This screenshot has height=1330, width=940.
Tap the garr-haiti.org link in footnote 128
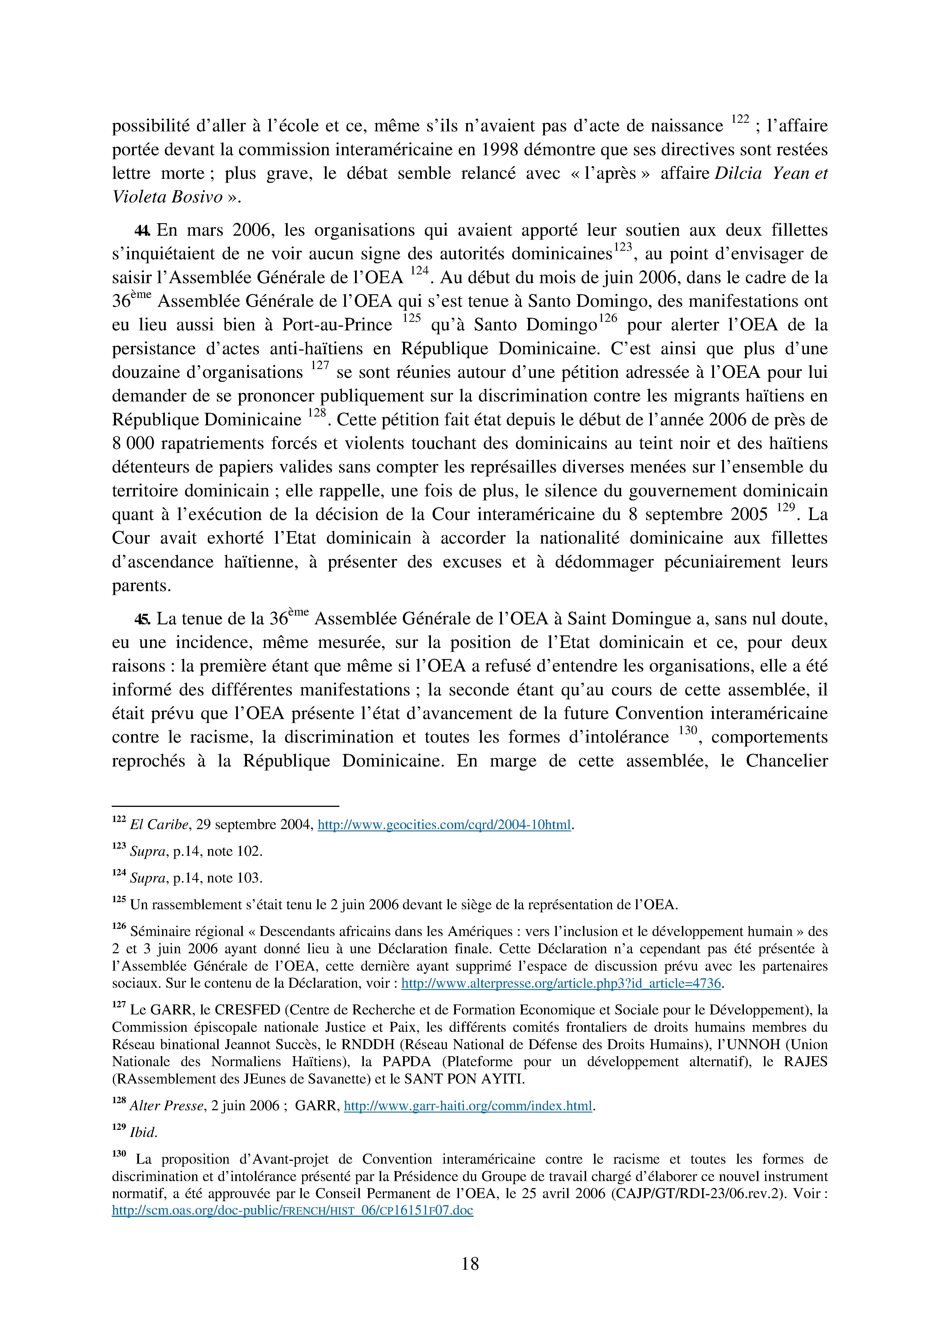point(468,1106)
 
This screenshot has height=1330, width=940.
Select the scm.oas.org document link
point(292,1210)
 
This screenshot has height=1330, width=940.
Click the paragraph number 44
point(142,231)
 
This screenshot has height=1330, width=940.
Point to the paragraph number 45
point(142,619)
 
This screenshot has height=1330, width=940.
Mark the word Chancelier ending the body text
point(787,761)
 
